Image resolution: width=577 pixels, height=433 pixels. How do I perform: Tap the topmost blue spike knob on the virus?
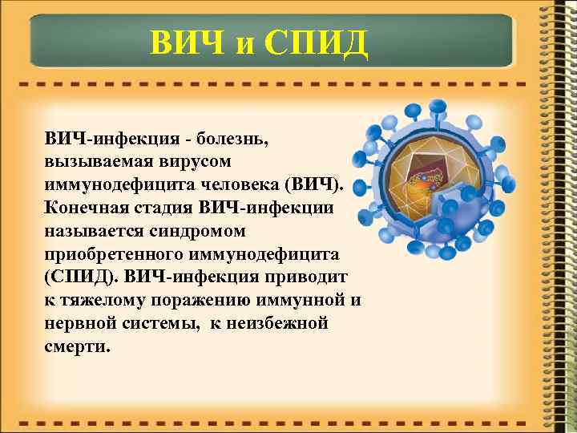[438, 106]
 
